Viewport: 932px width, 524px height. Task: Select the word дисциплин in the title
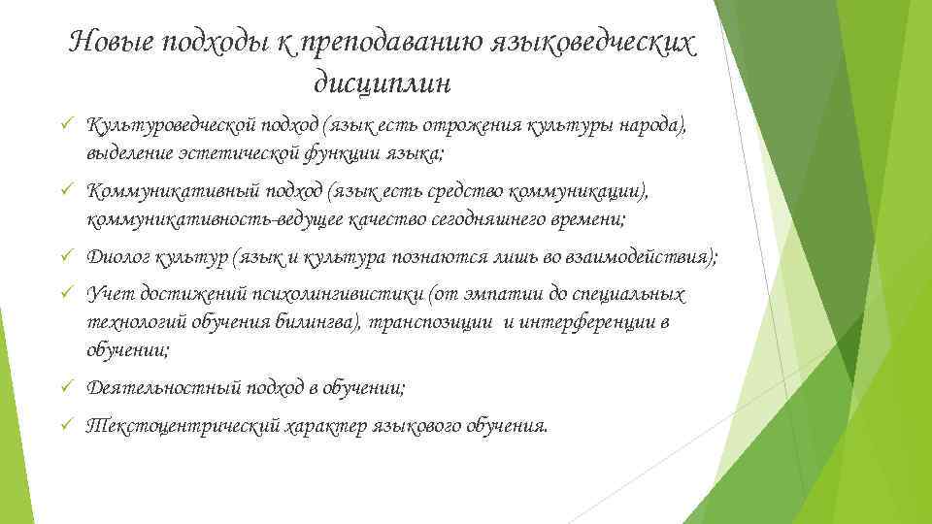[x=383, y=84]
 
